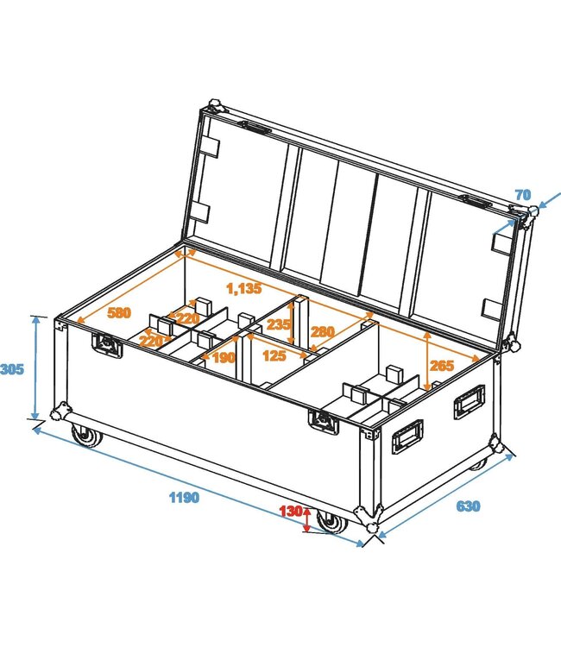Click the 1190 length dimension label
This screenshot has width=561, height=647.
tap(185, 497)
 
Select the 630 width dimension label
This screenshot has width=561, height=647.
tap(467, 506)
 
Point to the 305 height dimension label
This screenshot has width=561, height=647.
tap(12, 368)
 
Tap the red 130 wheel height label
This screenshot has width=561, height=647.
tap(290, 511)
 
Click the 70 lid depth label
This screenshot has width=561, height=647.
tap(522, 195)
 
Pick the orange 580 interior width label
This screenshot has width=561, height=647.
tap(119, 312)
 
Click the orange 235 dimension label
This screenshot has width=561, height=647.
tap(278, 324)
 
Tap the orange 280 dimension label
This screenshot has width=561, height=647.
tap(322, 331)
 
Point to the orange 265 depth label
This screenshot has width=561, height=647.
tap(441, 366)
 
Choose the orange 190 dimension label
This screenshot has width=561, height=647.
tap(223, 356)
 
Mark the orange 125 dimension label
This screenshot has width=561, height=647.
tap(275, 355)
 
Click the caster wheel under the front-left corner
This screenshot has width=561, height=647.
tap(86, 437)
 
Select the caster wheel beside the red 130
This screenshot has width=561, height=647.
tap(329, 523)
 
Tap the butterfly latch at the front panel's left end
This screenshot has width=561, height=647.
tap(108, 345)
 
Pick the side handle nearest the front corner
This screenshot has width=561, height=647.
tap(407, 436)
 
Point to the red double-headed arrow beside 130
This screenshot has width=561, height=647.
tap(308, 519)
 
